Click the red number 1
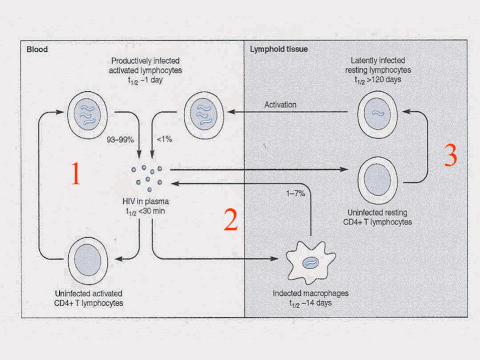[x=76, y=173]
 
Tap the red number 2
[x=231, y=219]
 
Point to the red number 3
[x=451, y=155]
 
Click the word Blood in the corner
[x=37, y=49]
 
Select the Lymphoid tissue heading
[x=279, y=49]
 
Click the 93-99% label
[x=120, y=140]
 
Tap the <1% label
[x=164, y=139]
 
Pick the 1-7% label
[x=296, y=193]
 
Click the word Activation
[x=280, y=105]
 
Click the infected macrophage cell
[x=311, y=262]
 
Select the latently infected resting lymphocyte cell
[x=377, y=114]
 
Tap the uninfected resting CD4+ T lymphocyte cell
[x=378, y=180]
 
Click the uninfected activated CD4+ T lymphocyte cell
[x=88, y=261]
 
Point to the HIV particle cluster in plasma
[x=147, y=178]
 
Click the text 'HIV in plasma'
[x=145, y=201]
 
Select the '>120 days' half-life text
[x=384, y=79]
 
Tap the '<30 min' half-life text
[x=152, y=211]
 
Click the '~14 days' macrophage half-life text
[x=317, y=303]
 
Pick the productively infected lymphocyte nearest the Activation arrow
[x=204, y=115]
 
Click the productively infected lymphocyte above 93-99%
[x=88, y=115]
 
